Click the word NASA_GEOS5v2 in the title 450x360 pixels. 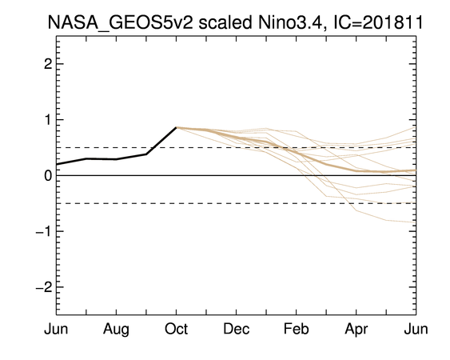[120, 22]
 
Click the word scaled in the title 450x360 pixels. [225, 22]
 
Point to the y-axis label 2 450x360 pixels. [48, 64]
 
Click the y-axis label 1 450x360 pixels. [48, 119]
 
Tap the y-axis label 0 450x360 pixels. [48, 175]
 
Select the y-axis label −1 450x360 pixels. [44, 231]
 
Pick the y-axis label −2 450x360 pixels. [44, 287]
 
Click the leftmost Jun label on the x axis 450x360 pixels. [56, 329]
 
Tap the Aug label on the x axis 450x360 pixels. [116, 330]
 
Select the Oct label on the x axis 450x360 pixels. [176, 329]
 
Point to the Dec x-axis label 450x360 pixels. [237, 329]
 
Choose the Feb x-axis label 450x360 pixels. [297, 329]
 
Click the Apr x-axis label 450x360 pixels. [356, 330]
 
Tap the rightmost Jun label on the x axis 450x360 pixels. [416, 329]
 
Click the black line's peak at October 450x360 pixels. [176, 127]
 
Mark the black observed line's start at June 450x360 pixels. [57, 164]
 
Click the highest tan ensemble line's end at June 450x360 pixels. [416, 127]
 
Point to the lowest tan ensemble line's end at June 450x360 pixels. [416, 222]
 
